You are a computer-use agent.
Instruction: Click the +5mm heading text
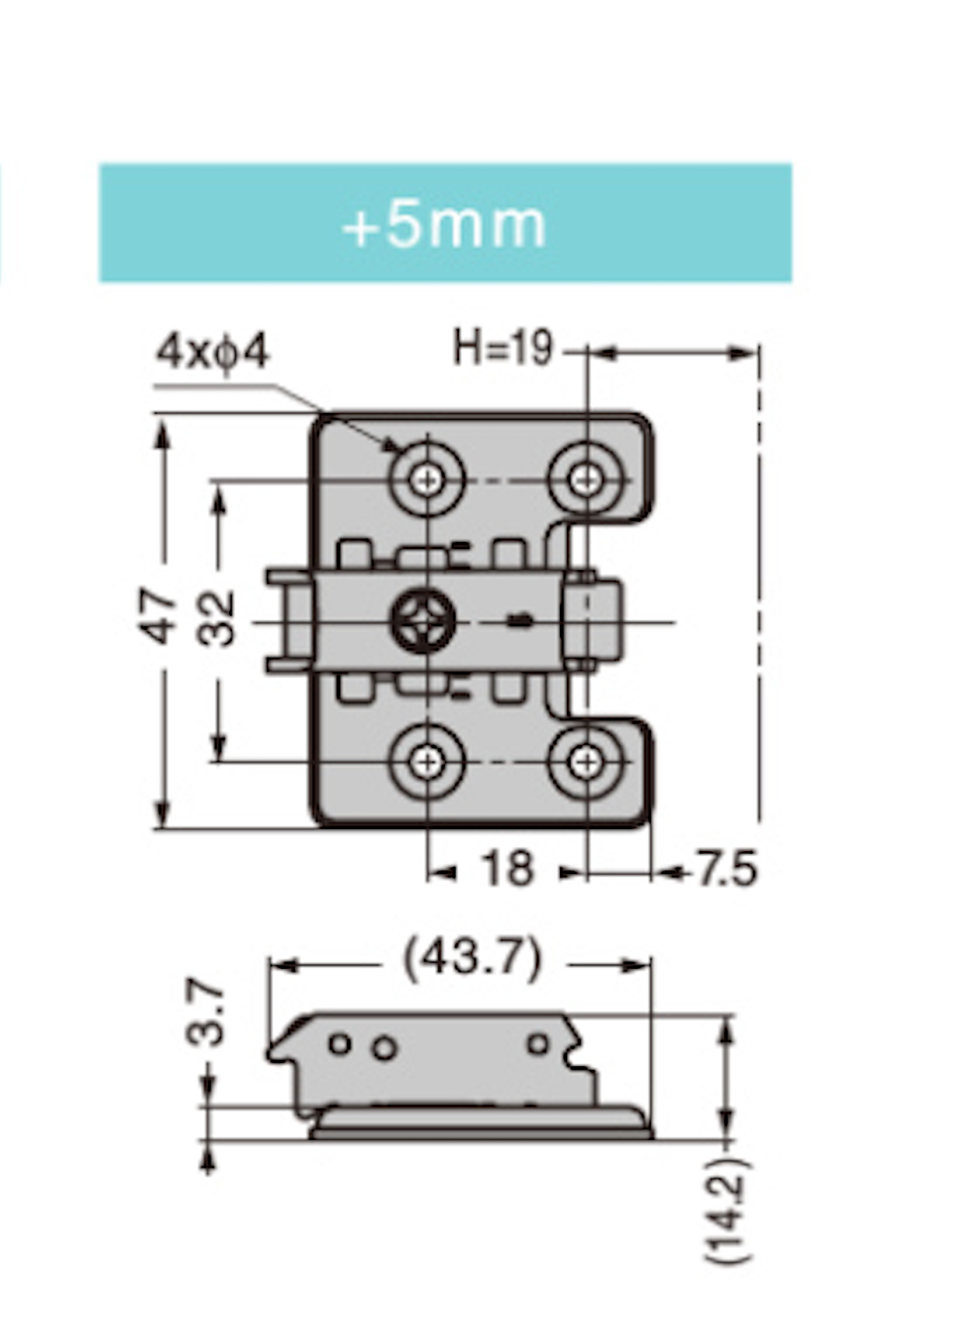pos(444,225)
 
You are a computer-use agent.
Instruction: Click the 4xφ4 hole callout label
pos(212,353)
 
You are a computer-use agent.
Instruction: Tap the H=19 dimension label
pos(503,348)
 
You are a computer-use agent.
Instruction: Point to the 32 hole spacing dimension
pos(217,618)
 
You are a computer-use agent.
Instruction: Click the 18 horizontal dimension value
pos(507,870)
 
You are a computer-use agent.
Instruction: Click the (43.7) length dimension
pos(472,959)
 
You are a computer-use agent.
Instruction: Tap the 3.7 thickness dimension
pos(206,1015)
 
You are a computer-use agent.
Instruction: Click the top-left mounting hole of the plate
pos(427,480)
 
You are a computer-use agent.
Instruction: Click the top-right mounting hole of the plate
pos(585,480)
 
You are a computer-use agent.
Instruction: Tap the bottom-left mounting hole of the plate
pos(427,762)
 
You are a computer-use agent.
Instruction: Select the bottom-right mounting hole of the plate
pos(585,762)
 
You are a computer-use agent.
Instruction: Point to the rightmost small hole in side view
pos(538,1044)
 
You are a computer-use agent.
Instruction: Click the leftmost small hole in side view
pos(340,1044)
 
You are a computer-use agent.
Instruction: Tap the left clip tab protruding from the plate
pos(288,621)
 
